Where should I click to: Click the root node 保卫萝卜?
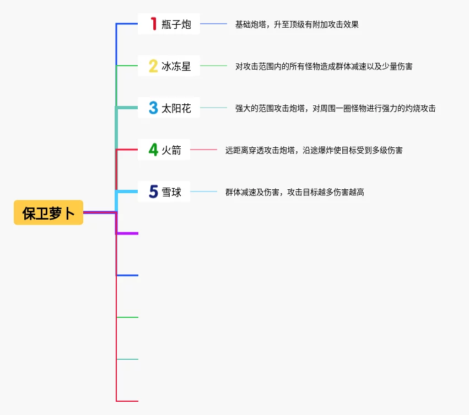point(48,213)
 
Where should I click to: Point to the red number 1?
point(153,24)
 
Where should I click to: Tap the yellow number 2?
point(153,66)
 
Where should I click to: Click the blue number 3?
point(153,108)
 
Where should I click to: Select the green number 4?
point(153,150)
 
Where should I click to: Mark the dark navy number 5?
point(153,192)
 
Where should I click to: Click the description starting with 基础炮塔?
point(297,24)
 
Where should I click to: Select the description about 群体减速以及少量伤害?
point(324,66)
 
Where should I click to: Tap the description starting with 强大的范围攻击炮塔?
point(335,108)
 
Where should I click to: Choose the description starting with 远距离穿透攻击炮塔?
point(314,150)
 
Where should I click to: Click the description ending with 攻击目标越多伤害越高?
point(294,192)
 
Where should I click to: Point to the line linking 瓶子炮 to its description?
point(213,24)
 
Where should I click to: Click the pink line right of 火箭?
point(203,150)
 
